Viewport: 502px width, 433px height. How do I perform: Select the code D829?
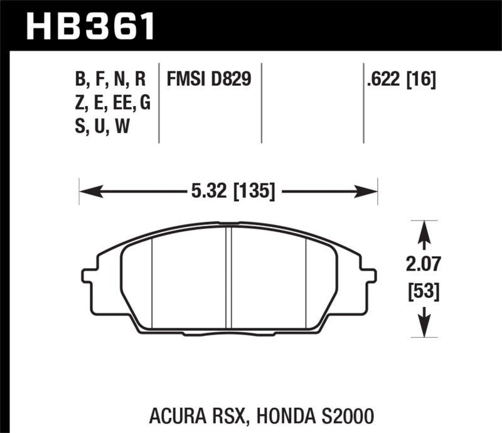230,80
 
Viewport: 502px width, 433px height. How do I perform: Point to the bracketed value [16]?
422,80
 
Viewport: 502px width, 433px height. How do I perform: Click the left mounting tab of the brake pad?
88,276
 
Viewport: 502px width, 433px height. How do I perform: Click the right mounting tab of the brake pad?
370,276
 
